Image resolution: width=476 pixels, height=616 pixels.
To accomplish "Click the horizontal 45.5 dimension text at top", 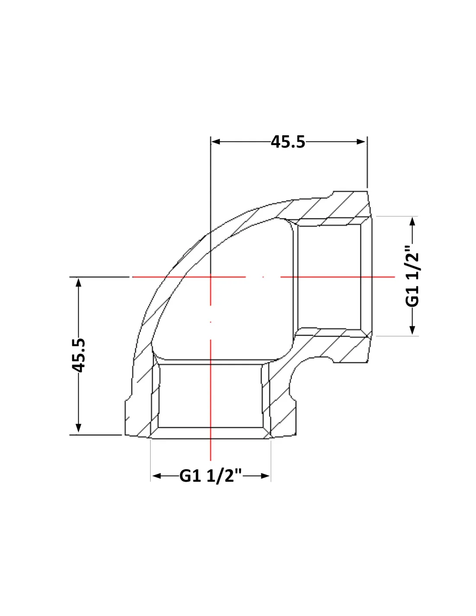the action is tap(288, 142).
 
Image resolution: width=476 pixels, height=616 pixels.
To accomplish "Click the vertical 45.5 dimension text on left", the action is tap(78, 355).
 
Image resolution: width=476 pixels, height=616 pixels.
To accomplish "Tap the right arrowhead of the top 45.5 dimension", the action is tap(361, 142).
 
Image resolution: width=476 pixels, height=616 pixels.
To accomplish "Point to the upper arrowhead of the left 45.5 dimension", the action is tap(78, 282).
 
